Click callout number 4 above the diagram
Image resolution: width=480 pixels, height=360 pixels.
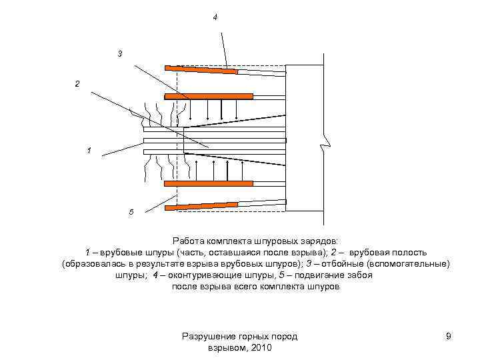215,16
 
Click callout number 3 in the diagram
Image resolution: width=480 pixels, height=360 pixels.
120,53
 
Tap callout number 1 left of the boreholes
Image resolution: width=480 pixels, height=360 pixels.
89,151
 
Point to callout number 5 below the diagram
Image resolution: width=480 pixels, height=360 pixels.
131,211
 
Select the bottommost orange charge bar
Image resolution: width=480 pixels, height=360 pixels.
201,205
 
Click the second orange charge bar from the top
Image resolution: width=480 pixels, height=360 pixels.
209,96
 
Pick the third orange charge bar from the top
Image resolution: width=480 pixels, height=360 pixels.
209,183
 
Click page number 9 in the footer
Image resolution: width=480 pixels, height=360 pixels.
449,337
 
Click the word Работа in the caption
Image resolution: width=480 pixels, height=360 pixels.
188,241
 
